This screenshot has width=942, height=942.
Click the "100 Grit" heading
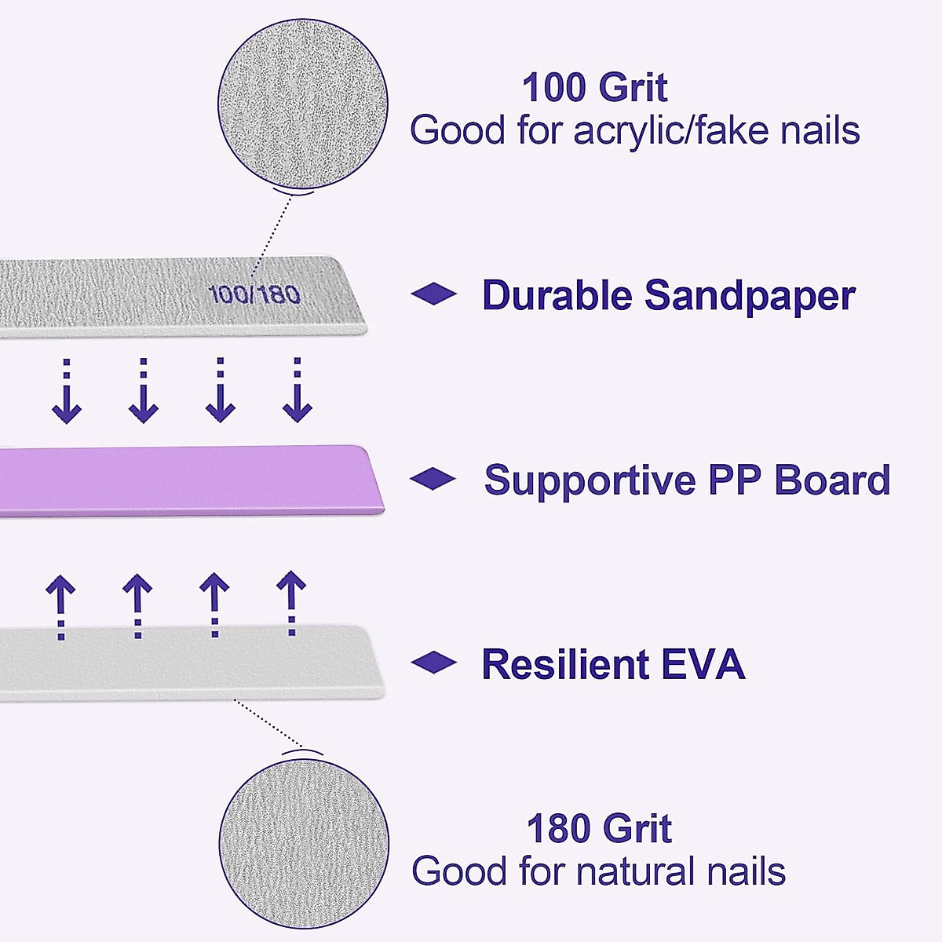tap(594, 87)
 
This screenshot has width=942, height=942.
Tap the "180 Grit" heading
tap(599, 829)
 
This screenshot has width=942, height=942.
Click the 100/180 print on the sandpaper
tap(255, 294)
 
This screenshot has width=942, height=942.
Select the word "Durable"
tap(557, 296)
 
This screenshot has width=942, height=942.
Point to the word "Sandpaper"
tap(750, 297)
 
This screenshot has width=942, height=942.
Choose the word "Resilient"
tap(565, 664)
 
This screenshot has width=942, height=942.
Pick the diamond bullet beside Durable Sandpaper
tap(433, 294)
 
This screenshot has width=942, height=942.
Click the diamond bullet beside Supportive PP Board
tap(433, 479)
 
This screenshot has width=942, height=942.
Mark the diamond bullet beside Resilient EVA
tap(433, 663)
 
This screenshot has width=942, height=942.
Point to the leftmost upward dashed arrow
tap(61, 604)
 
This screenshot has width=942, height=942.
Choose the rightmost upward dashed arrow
tap(292, 603)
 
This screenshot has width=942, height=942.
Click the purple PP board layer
tap(188, 480)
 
